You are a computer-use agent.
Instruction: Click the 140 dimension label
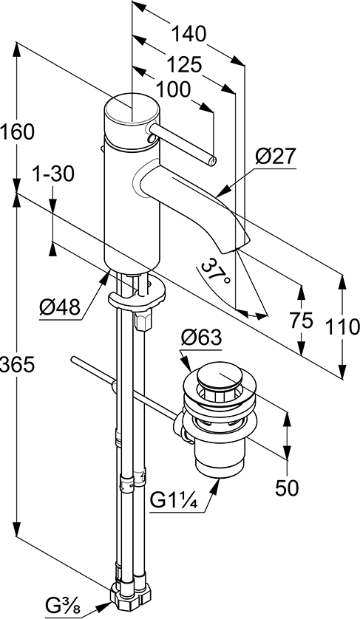coord(189,34)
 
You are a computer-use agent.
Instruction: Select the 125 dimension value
coord(183,64)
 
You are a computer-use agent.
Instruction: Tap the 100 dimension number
coord(174,90)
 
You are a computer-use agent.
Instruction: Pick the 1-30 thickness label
coord(53,174)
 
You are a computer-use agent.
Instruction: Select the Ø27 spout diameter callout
coord(275,157)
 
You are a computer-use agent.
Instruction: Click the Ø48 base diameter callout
coord(60,307)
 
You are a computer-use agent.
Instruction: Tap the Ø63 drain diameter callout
coord(202,338)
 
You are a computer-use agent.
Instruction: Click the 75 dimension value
coord(301,320)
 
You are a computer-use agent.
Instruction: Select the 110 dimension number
coord(342,327)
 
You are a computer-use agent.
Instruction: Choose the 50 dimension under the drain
coord(287,488)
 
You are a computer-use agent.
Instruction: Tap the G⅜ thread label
coord(62,605)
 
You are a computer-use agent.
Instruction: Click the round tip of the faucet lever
coord(213,161)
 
